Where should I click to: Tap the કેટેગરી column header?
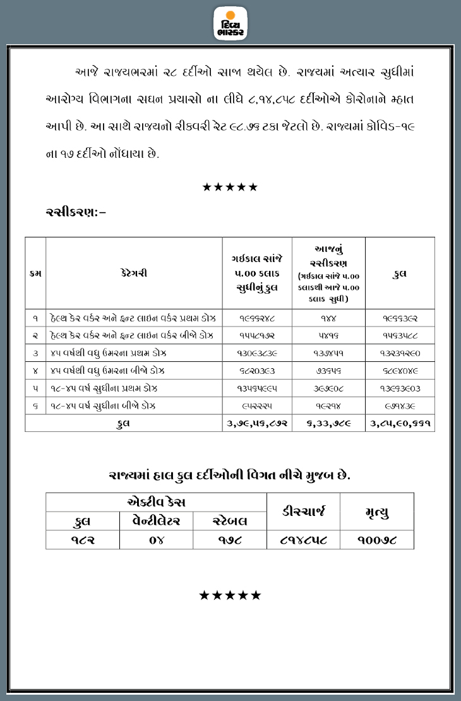134,273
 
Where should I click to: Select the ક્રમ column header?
35,273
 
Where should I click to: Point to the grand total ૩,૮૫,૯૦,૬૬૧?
399,423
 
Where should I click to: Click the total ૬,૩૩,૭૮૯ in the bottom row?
329,423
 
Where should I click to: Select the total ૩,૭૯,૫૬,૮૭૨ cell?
257,423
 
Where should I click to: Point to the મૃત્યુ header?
377,512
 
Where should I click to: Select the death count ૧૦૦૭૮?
377,540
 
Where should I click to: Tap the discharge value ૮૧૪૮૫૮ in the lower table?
303,540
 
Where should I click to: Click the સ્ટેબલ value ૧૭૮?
229,540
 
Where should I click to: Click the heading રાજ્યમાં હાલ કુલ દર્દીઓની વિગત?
230,474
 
